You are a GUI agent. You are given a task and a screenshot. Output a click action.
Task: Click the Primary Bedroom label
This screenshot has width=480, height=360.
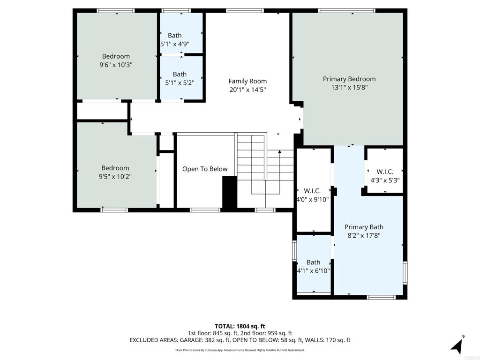pos(349,79)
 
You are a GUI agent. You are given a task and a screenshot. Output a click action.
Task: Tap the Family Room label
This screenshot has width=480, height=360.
pos(247,81)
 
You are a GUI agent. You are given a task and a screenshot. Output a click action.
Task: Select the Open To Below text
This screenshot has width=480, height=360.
pos(205,169)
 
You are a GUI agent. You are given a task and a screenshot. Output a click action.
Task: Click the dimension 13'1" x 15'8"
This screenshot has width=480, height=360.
pos(349,87)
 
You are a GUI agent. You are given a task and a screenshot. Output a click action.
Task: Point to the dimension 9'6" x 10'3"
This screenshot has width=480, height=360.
pos(116,65)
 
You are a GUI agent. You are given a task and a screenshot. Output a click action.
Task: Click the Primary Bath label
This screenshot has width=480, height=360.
pos(364,227)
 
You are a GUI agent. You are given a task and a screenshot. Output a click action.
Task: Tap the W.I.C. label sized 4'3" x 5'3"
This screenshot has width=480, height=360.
pos(385,172)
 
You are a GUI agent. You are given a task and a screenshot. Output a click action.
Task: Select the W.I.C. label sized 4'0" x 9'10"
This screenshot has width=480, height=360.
pos(312,191)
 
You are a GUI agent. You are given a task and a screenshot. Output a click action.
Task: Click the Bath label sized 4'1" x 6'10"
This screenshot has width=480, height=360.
pos(313,262)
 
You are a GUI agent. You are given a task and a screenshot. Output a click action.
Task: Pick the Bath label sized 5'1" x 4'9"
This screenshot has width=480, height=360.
pos(175,35)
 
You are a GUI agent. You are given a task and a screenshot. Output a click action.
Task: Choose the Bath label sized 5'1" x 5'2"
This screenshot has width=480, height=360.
pos(180,74)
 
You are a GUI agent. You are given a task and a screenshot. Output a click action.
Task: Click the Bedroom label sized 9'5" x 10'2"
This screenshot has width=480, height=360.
pos(115,168)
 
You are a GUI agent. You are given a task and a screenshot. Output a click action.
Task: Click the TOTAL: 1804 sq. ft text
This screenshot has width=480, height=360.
pos(240,326)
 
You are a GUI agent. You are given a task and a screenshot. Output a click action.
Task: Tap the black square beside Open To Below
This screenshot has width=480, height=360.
pos(229,192)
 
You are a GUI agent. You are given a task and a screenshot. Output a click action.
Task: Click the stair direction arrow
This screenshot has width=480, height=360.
pos(280,152)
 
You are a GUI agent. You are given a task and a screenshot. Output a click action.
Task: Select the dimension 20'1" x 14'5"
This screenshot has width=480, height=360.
pos(247,90)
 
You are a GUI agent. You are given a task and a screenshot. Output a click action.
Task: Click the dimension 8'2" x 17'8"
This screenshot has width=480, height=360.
pos(364,236)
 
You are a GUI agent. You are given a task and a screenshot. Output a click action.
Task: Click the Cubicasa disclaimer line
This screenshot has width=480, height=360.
pos(240,350)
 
